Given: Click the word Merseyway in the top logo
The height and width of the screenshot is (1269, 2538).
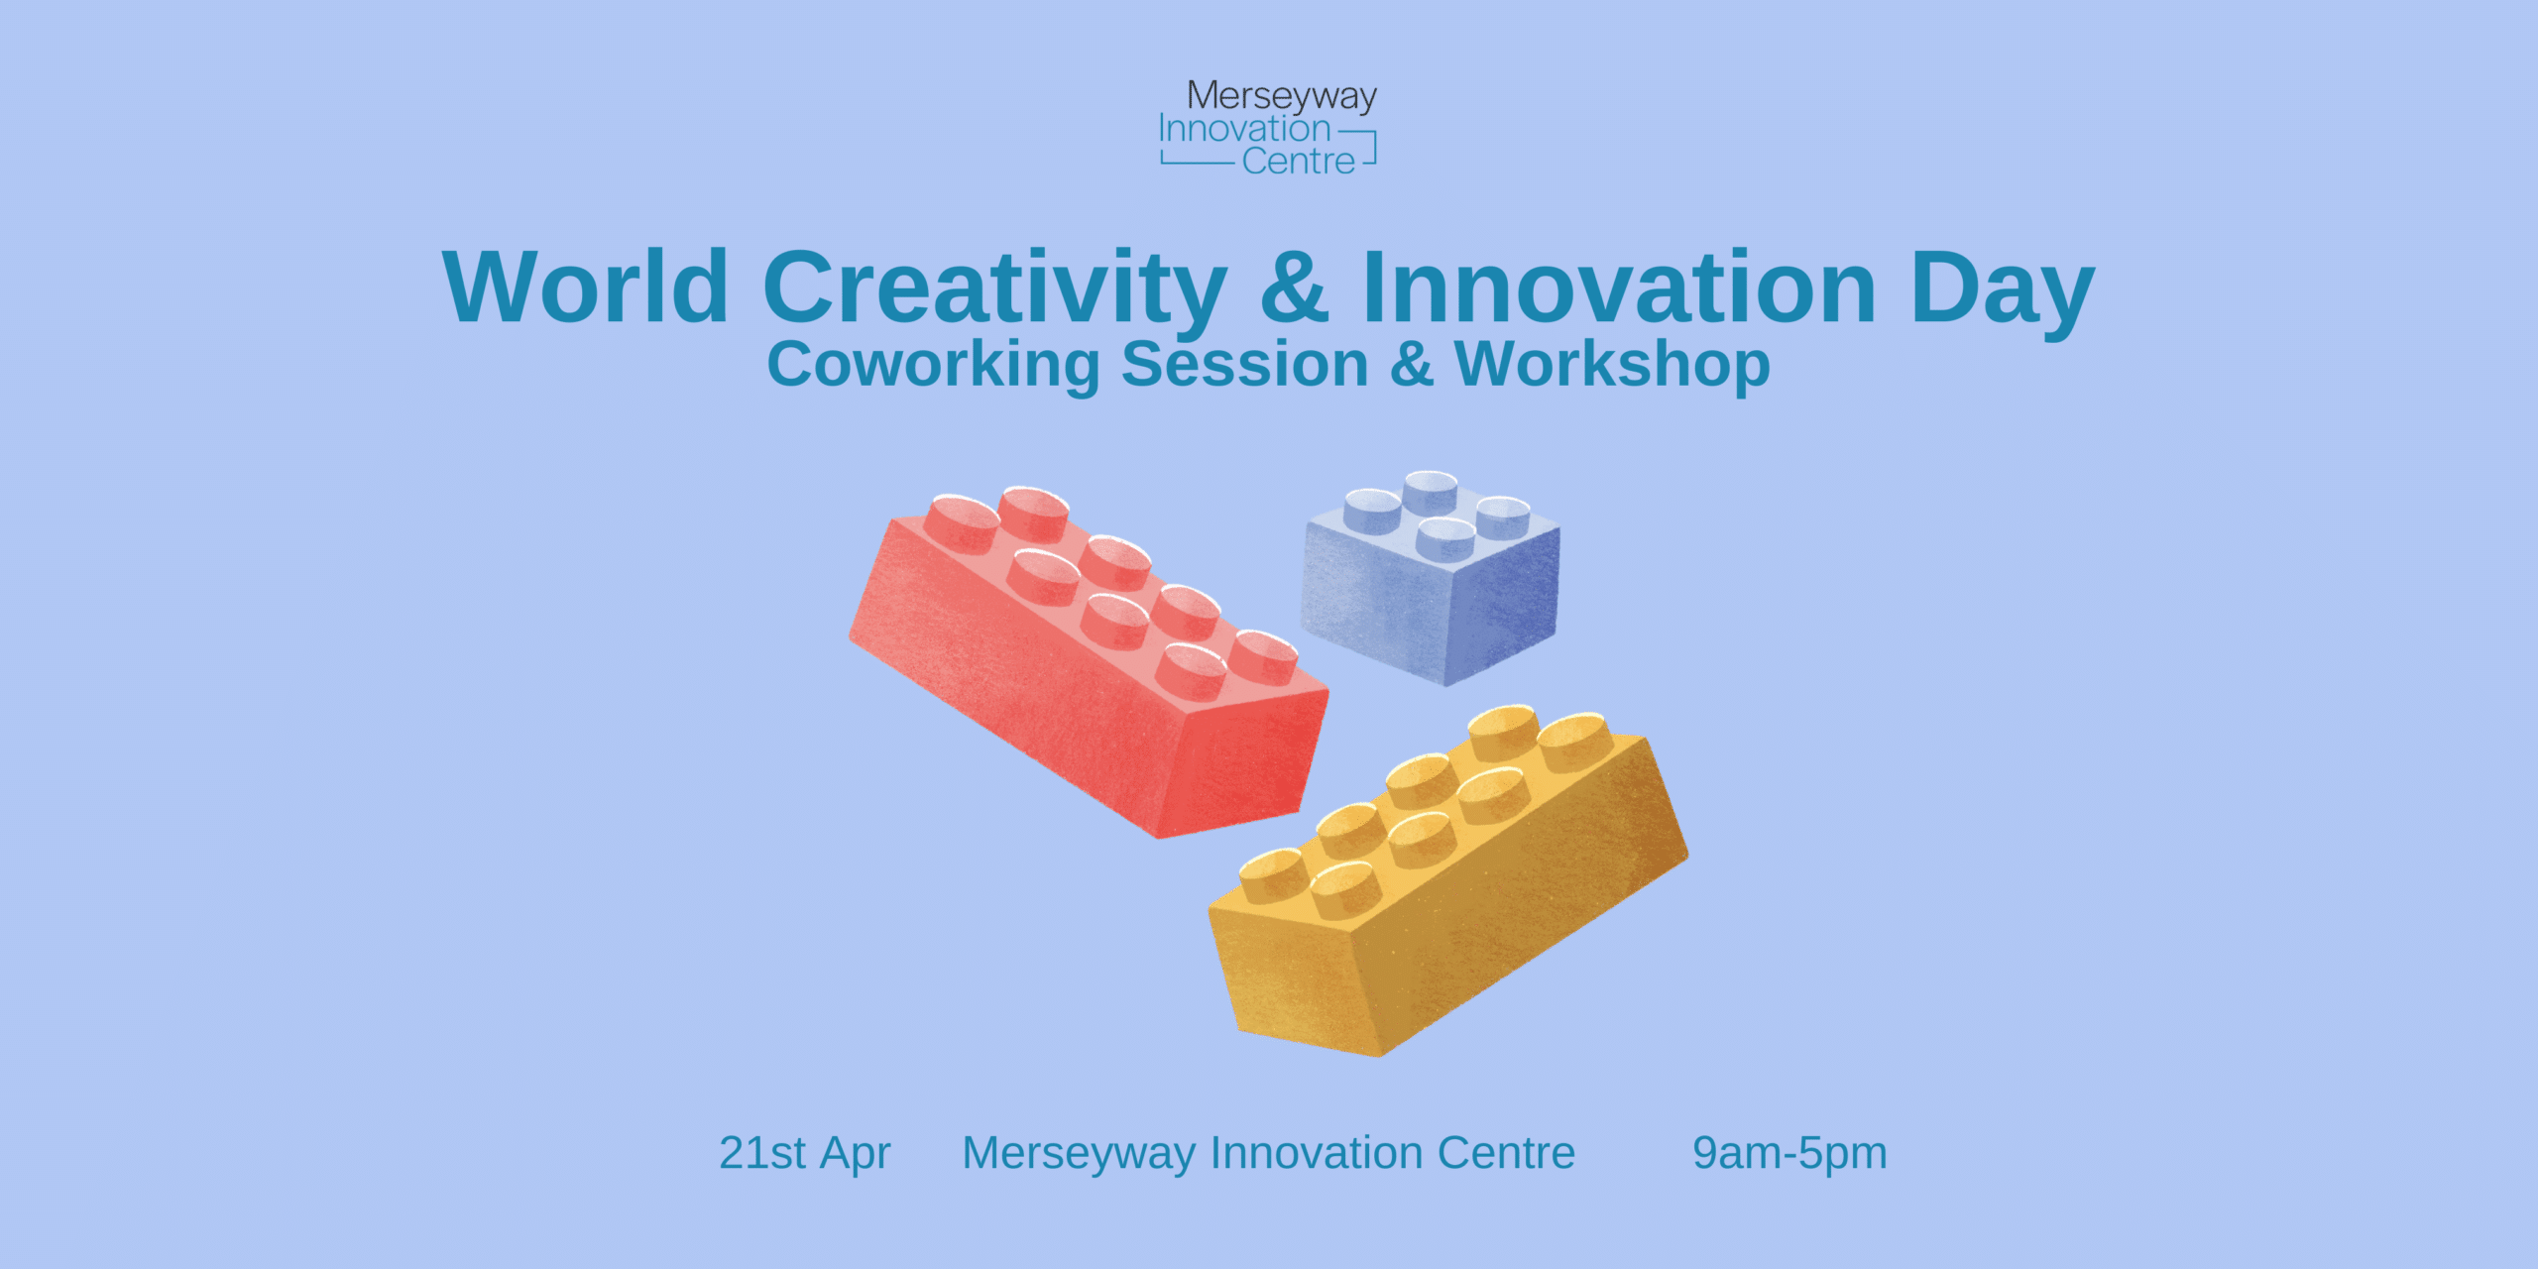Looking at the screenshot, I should coord(1281,96).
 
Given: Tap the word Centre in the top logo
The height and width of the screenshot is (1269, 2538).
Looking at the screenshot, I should coord(1298,161).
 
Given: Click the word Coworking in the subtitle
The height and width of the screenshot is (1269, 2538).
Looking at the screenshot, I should coord(933,364).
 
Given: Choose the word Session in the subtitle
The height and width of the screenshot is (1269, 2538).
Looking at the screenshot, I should coord(1244,364).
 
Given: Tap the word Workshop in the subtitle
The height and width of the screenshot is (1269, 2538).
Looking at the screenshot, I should coord(1612,364).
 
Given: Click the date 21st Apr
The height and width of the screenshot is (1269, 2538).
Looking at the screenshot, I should coord(804,1153).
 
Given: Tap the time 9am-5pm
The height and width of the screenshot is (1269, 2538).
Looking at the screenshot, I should coord(1789,1153).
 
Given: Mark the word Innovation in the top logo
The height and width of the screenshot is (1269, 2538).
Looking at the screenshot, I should coord(1244,129).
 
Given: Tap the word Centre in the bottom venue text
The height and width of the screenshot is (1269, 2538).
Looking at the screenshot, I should coord(1506,1153).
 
